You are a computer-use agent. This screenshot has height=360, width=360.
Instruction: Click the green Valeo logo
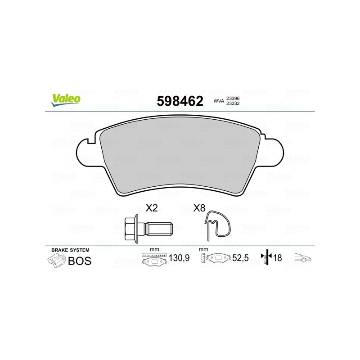tap(66, 100)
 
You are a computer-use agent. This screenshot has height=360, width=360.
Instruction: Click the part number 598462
tap(180, 101)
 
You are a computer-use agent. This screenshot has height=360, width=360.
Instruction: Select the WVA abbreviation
tap(219, 101)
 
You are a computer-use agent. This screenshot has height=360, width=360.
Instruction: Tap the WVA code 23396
tap(233, 98)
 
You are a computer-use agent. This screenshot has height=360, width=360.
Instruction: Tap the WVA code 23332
tap(233, 103)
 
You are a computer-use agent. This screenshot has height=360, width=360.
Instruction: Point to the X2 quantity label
tap(152, 208)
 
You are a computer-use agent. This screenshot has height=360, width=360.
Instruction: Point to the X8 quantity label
tap(199, 208)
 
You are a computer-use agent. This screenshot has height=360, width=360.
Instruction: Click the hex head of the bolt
tap(131, 229)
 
